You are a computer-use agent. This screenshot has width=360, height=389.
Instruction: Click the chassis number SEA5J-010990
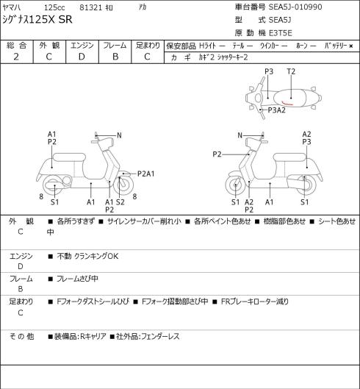pos(295,7)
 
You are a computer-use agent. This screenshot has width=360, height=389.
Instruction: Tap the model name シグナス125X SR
pos(37,20)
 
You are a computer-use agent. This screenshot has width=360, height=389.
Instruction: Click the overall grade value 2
pos(16,57)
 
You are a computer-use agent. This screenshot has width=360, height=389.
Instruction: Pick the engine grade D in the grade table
pos(82,57)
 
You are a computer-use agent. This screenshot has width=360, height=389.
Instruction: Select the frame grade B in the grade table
pos(115,57)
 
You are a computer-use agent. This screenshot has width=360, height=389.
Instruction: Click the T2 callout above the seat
pos(291,72)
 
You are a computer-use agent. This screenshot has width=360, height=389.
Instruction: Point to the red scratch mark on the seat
pos(287,103)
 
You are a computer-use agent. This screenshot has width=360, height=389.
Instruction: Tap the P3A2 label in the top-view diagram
pos(277,110)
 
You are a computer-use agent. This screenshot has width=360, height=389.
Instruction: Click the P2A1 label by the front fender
pos(146,174)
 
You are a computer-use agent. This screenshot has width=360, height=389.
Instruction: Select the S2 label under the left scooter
pos(120,202)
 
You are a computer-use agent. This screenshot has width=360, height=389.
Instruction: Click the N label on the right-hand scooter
pos(240,135)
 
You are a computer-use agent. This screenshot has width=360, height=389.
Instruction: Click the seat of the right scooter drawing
pos(289,157)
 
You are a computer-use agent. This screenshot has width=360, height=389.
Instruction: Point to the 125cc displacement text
pos(54,7)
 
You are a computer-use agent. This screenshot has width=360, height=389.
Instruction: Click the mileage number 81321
pos(91,7)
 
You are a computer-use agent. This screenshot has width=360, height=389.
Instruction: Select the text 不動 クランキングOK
pos(87,256)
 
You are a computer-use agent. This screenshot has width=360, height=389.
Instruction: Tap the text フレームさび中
pos(77,279)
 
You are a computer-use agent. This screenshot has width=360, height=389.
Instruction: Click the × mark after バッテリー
pos(351,46)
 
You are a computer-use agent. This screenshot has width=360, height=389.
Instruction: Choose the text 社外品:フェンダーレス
pos(148,337)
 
